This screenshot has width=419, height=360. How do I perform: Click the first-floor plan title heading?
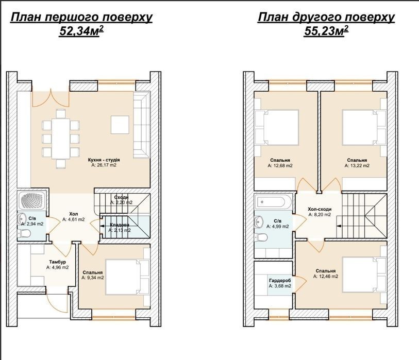tap(81, 18)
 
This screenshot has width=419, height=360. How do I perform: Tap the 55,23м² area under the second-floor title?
tap(326, 31)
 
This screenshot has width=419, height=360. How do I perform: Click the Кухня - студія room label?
tap(104, 160)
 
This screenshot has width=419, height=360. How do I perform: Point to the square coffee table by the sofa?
tap(120, 125)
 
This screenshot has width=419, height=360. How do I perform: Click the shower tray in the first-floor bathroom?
tap(32, 200)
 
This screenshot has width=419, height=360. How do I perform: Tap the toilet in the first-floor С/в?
tap(24, 234)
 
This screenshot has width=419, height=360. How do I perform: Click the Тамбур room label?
tap(57, 262)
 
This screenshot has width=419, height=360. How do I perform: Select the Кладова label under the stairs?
tap(119, 225)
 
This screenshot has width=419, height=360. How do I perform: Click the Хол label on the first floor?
tap(74, 214)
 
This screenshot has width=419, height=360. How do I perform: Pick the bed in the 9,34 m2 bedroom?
tap(127, 277)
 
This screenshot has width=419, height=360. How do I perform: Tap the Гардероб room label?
tap(280, 281)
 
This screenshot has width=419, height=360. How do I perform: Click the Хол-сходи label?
tap(320, 209)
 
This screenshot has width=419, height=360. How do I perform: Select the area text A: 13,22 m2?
tap(357, 165)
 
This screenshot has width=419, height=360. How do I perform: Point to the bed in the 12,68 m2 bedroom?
tap(277, 128)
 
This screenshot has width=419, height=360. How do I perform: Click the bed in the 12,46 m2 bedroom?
tap(364, 275)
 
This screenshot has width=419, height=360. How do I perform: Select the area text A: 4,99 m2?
tap(278, 227)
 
